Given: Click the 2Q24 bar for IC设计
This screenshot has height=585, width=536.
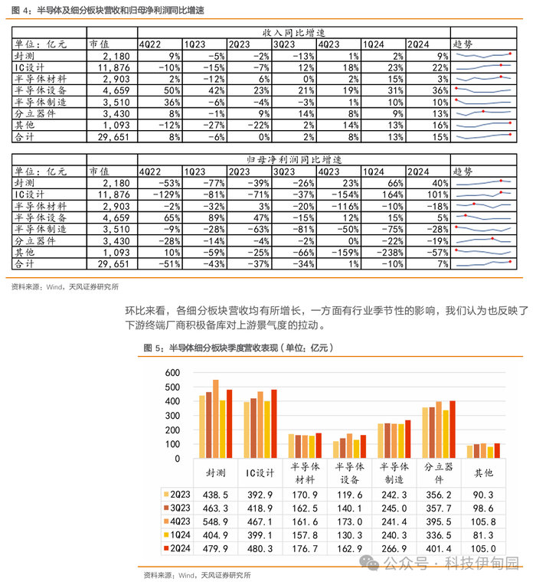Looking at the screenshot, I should pyautogui.click(x=274, y=424).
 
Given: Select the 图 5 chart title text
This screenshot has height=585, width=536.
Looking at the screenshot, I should pyautogui.click(x=238, y=348).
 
